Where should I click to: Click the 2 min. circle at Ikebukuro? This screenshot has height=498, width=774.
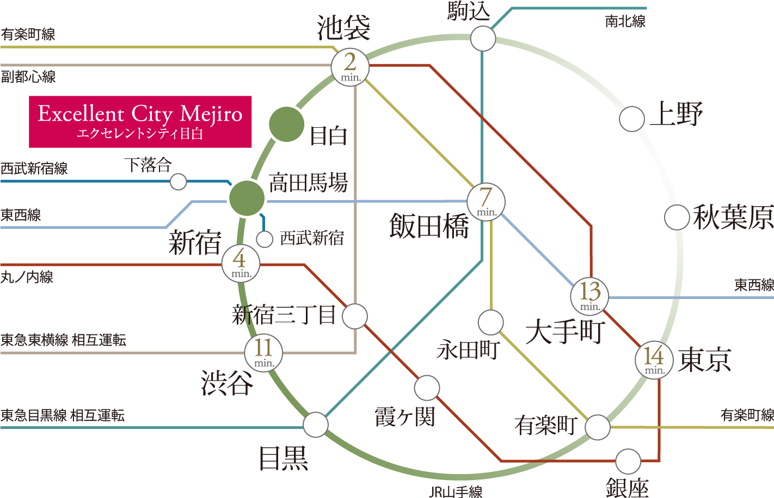tap(350, 67)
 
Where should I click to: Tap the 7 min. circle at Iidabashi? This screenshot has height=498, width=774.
tap(486, 202)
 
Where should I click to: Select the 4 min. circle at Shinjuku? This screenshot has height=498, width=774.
tap(241, 263)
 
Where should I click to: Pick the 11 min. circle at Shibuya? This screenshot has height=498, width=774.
tap(263, 353)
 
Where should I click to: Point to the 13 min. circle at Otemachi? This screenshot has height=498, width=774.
tap(589, 296)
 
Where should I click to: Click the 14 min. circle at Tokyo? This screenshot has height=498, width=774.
tap(654, 360)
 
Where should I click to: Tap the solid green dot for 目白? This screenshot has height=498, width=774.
tap(286, 124)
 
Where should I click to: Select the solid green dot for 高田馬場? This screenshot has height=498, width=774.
tap(247, 198)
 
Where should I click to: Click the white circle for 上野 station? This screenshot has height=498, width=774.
tap(631, 119)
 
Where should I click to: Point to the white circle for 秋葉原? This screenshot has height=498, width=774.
tap(677, 217)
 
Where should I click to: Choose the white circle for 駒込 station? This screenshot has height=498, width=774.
tap(483, 38)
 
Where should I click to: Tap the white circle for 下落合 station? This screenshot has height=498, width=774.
tap(179, 182)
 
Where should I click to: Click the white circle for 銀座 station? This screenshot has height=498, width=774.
tap(628, 462)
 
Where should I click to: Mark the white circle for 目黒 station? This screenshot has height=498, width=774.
tap(316, 425)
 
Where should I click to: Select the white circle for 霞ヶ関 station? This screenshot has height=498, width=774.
tap(427, 388)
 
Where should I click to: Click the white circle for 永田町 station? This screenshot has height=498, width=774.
tap(490, 322)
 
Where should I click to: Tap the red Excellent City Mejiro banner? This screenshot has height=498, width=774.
tap(140, 122)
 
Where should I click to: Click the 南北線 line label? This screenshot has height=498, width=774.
tap(625, 21)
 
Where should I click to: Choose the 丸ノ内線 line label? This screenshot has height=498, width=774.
tap(27, 277)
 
